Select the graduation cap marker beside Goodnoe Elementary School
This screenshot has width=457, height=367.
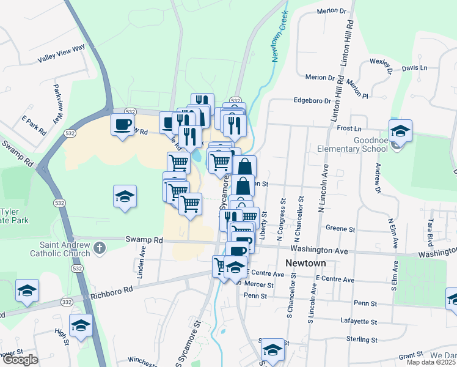click(400, 130)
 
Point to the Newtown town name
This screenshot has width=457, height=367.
click(305, 263)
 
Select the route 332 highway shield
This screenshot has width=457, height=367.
click(67, 302)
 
